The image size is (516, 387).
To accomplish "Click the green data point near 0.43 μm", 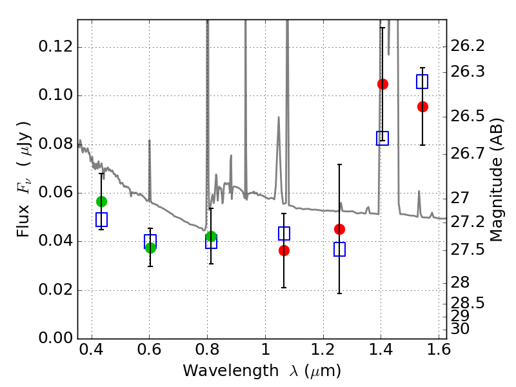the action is pos(101,201).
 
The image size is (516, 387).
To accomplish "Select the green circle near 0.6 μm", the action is pos(150,248).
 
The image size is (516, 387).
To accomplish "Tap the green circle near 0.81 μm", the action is pos(212,236).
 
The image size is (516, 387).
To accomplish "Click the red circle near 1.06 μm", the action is pos(284,251).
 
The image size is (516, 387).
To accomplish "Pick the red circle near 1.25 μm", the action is pos(340,230).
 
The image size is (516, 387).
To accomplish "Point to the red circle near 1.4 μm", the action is pos(382,84).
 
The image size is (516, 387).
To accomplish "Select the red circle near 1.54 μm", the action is pos(423,106).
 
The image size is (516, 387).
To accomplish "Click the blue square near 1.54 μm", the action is pos(422,82).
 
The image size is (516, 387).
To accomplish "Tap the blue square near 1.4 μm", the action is pos(382,138).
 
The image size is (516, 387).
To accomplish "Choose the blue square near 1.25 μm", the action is pos(340,249).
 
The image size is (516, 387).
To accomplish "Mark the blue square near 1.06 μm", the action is pos(284,233).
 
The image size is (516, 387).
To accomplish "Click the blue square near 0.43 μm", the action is pos(101,219).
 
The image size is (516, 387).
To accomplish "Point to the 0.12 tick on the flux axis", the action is pos(55,46).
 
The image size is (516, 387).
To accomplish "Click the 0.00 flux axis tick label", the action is pos(55,338).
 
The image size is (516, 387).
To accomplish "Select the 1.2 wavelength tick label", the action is pos(323,350).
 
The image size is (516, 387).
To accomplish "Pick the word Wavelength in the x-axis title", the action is pos(231,371).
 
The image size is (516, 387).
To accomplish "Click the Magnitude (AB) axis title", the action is pos(497,180).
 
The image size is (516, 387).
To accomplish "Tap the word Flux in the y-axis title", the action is pos(23,221).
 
